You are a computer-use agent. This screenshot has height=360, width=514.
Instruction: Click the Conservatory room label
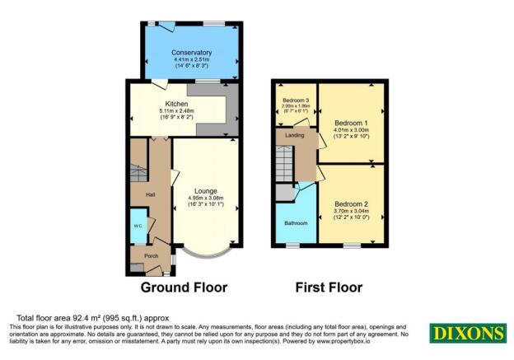point(192,53)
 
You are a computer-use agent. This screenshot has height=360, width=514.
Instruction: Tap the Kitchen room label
point(176,105)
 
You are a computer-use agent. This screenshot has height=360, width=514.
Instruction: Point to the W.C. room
point(138,227)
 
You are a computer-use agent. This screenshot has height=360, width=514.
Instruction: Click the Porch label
point(151,256)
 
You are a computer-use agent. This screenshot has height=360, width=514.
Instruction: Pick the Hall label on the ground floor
point(151,194)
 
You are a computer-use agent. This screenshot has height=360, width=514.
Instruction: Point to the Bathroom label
point(296,223)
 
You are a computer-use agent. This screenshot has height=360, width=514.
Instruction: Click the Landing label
point(294,135)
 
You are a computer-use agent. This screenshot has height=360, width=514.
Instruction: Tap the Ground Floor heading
point(184,288)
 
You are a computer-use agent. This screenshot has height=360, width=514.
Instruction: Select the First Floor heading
point(329,288)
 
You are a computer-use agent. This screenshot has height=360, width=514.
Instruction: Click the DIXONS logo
point(467,333)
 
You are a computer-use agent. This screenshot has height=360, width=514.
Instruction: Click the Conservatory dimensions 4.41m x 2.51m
point(192,59)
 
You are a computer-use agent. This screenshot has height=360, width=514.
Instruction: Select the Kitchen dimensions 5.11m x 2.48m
point(176,111)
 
